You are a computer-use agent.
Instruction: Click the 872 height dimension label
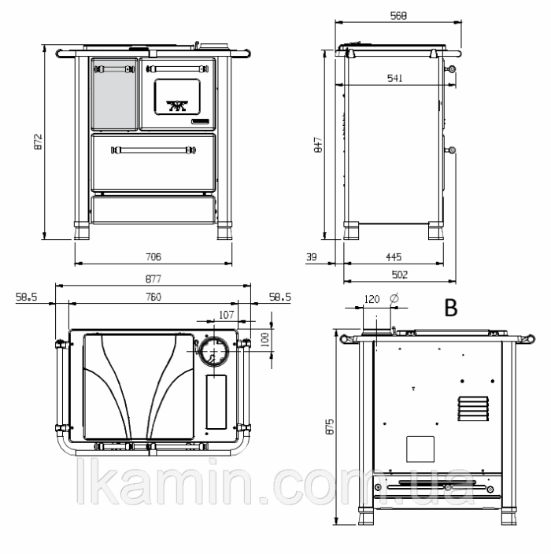(38, 142)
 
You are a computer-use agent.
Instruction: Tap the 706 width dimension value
(153, 257)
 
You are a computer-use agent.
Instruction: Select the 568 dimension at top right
(398, 16)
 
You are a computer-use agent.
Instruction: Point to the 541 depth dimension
(395, 78)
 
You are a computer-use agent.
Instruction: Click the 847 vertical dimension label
(318, 145)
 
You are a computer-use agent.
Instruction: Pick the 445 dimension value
(394, 257)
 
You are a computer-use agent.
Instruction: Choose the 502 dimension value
(399, 275)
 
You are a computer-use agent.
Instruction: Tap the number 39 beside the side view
(311, 257)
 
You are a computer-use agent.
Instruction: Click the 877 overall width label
(153, 279)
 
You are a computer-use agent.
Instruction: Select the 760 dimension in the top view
(153, 297)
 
